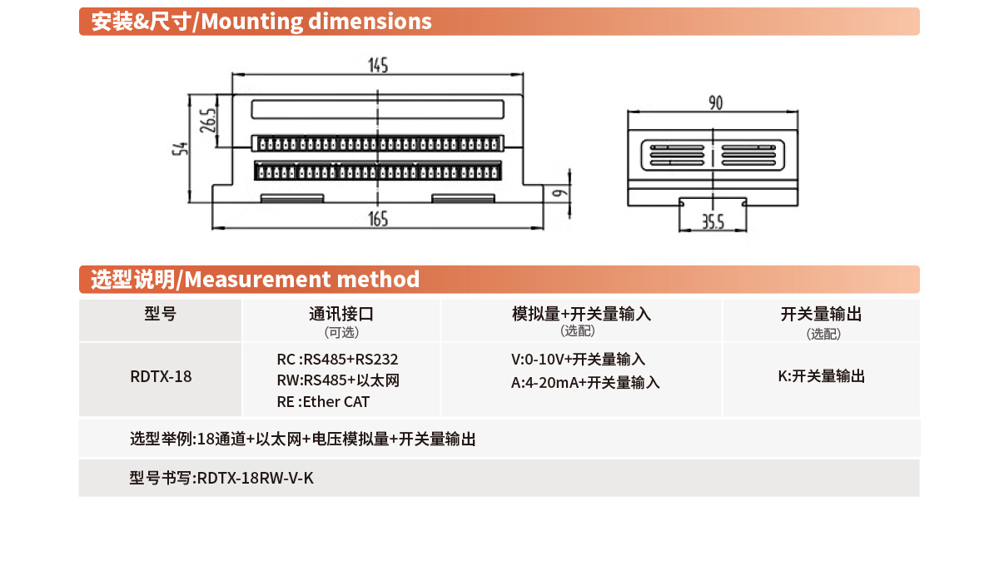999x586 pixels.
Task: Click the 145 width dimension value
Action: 378,66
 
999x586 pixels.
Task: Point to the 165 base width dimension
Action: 378,219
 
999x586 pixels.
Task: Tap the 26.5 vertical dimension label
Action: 208,121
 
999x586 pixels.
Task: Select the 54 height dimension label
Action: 180,148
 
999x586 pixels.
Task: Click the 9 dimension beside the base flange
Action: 560,193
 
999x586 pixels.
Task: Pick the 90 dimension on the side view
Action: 716,103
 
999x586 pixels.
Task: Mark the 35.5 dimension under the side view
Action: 713,222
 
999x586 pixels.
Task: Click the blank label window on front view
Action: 377,109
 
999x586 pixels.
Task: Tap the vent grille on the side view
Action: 713,155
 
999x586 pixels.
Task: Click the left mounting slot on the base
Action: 292,198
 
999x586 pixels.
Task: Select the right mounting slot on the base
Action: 463,198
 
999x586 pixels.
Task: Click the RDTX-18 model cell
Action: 161,376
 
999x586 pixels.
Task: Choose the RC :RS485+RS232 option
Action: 337,359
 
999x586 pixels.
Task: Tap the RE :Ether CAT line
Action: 323,402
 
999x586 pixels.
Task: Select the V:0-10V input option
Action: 578,359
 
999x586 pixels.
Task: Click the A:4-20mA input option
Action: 585,382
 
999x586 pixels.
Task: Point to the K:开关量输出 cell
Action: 821,376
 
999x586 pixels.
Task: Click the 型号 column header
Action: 160,314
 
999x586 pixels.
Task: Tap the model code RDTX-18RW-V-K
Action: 255,478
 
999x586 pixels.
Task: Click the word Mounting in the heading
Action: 252,22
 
